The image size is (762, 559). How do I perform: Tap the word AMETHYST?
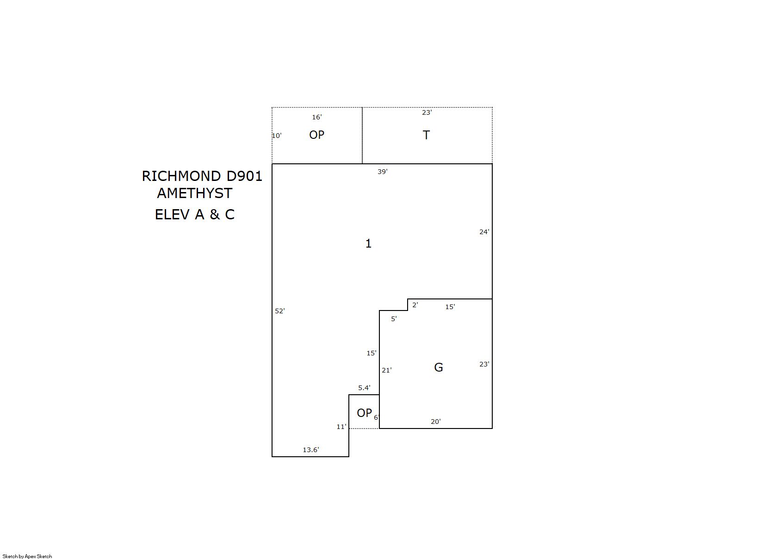coord(195,193)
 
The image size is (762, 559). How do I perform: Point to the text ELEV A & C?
coord(195,214)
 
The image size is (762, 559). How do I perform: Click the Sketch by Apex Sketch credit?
coord(27,556)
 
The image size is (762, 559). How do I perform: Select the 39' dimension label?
coord(382,172)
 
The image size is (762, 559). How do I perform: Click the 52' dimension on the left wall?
coord(279,311)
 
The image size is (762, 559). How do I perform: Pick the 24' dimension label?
coord(484,232)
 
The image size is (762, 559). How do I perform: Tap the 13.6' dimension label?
coord(311,450)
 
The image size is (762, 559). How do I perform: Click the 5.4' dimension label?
coord(364,388)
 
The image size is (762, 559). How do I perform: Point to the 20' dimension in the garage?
coord(436,422)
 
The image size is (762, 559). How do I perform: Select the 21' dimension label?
coord(387,370)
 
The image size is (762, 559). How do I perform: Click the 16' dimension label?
coord(317,117)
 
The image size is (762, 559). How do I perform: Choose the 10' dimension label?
coord(277,136)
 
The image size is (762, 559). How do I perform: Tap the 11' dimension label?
coord(341,427)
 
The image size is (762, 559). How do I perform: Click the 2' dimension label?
coord(415,305)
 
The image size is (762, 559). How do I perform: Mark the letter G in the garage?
coord(439,367)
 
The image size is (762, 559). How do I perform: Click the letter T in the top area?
coord(426,135)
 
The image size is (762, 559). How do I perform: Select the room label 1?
coord(368,243)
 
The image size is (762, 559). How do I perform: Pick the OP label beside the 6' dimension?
coord(364,413)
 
